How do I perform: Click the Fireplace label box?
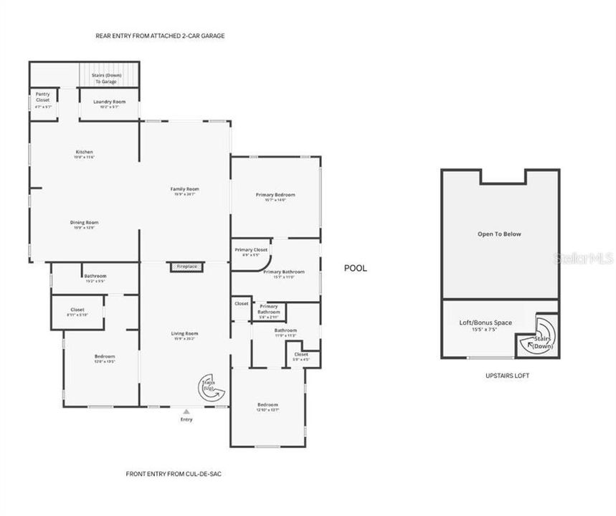tap(187, 267)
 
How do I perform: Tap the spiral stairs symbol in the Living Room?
tap(212, 388)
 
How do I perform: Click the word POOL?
tap(355, 268)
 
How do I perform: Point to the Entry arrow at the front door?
tap(186, 412)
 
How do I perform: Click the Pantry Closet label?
tap(43, 97)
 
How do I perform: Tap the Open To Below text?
tap(500, 234)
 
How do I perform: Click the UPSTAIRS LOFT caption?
tap(507, 376)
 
